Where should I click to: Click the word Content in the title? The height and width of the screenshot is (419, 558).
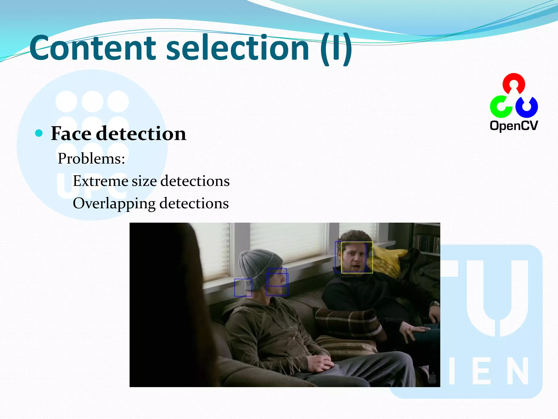point(93,49)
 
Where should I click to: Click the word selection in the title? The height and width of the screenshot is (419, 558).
point(237,49)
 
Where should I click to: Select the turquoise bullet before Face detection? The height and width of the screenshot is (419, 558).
point(39,133)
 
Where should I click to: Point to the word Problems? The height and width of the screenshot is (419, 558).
point(91,158)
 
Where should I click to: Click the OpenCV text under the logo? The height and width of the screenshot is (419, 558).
point(514,126)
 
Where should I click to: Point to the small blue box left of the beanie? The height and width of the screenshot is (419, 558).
point(243,288)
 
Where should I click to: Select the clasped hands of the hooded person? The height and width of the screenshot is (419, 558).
point(322,363)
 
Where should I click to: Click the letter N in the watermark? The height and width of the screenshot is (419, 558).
point(515,371)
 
